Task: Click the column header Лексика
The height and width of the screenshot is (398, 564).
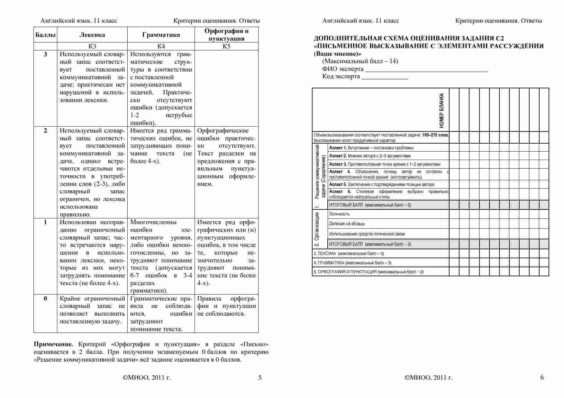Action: point(92,35)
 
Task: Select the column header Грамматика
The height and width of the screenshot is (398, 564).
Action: point(161,35)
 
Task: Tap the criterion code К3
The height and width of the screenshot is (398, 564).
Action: point(92,46)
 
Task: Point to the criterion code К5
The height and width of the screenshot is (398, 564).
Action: point(226,46)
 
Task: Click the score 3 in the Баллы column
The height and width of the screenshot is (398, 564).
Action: point(45,54)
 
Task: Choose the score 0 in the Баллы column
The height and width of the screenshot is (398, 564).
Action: point(45,298)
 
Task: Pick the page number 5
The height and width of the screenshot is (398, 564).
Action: point(260,377)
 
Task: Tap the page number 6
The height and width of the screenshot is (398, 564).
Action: point(542,377)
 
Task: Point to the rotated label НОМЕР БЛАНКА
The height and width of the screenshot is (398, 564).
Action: point(441,110)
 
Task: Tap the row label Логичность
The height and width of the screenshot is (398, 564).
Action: point(339,214)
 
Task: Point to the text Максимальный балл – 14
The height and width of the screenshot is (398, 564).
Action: point(360,61)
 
